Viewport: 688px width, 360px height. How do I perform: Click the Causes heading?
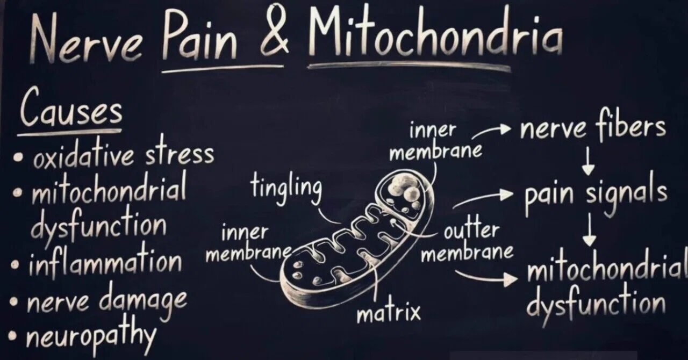tap(71, 107)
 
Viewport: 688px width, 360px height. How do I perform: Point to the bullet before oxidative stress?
tap(18, 157)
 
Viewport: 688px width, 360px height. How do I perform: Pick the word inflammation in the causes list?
tap(105, 263)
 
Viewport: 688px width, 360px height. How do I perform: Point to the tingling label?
tap(286, 188)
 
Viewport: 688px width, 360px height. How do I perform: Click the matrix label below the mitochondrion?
tap(389, 311)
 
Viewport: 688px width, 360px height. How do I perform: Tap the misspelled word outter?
tap(471, 231)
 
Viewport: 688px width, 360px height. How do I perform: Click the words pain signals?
tap(596, 195)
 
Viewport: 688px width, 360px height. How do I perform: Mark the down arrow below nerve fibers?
tap(588, 161)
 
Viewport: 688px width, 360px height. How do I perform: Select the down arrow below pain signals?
tap(590, 229)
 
